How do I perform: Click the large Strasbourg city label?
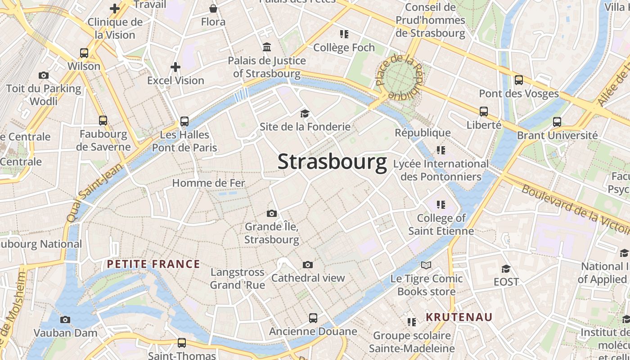pos(332,162)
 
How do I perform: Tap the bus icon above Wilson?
pos(84,53)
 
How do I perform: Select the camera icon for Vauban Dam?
pos(65,320)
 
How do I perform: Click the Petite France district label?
pos(153,264)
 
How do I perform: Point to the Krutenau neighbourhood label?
pos(459,317)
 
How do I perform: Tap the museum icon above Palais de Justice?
pos(267,47)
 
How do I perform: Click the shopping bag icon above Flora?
pos(213,9)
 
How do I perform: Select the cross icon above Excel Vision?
pos(175,67)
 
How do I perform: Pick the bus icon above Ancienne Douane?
pos(313,318)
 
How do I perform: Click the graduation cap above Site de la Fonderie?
pos(305,113)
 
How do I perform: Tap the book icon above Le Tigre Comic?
pos(426,265)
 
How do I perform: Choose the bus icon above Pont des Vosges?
pos(519,81)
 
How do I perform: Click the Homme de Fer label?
pos(209,183)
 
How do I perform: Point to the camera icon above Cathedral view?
pos(308,265)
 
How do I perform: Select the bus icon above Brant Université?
pos(557,122)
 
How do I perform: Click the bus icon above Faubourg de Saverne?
pos(103,121)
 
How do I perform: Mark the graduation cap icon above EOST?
pos(506,269)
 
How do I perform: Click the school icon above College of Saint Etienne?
pos(441,205)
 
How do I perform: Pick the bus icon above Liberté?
pos(484,112)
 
